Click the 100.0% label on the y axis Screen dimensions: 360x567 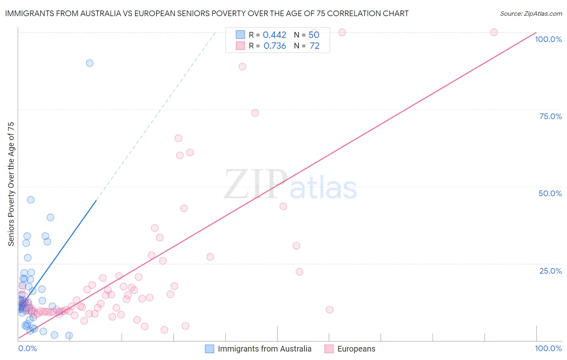click(x=548, y=39)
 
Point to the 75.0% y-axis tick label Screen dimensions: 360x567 click(x=550, y=116)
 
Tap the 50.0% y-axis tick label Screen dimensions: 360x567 click(x=550, y=193)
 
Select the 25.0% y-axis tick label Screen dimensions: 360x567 click(x=550, y=271)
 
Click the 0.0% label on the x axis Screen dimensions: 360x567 click(x=27, y=348)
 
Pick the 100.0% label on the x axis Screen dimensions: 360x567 click(x=548, y=348)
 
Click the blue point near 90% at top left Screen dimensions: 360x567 click(x=90, y=63)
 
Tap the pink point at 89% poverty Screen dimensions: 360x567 click(x=242, y=67)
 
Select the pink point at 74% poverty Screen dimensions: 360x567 click(x=255, y=113)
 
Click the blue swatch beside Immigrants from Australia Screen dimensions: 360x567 click(x=209, y=349)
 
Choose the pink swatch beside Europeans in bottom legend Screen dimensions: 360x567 click(x=329, y=349)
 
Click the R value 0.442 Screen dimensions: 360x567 click(x=274, y=35)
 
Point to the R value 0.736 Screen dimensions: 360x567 click(x=275, y=46)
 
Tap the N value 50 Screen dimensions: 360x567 click(x=314, y=35)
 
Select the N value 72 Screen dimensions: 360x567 click(x=315, y=46)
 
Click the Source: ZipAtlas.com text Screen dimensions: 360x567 click(x=531, y=14)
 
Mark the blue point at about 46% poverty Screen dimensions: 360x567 click(x=31, y=200)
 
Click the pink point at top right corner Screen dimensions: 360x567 click(x=494, y=32)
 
